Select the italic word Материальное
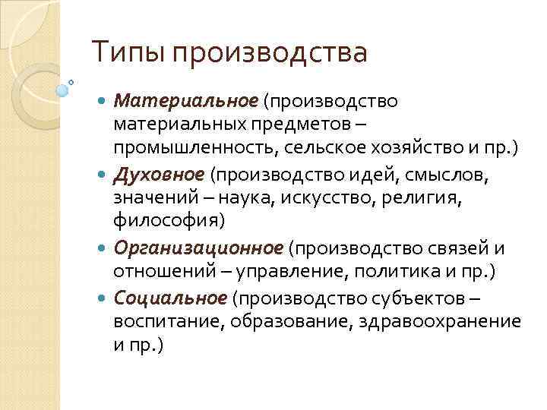[x=185, y=101]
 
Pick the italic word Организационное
[x=198, y=249]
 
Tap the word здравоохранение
[x=444, y=320]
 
